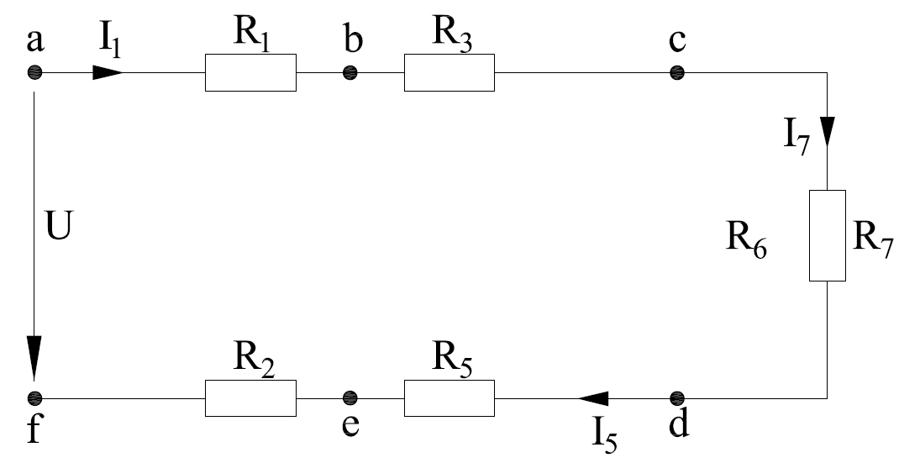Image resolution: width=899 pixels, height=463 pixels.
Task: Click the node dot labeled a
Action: tap(35, 73)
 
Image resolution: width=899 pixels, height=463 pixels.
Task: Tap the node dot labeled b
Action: tap(350, 73)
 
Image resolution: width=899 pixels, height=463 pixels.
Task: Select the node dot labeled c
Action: tap(677, 73)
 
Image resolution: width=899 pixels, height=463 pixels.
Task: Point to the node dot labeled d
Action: tap(677, 398)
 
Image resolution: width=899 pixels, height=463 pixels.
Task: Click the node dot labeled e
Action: tap(350, 398)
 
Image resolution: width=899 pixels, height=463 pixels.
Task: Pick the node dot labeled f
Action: tap(35, 398)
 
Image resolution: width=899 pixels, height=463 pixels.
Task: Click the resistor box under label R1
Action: tap(250, 73)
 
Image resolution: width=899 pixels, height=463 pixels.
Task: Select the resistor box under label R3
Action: tap(449, 73)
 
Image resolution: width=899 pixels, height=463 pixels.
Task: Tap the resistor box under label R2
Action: tap(250, 398)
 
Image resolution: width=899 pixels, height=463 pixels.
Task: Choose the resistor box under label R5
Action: tap(449, 398)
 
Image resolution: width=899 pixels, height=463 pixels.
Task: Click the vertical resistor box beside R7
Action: tap(828, 236)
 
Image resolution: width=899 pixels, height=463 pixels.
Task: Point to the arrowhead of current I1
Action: tap(108, 73)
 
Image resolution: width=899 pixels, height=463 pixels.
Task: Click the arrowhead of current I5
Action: tap(593, 398)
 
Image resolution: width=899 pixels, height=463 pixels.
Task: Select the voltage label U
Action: tap(60, 227)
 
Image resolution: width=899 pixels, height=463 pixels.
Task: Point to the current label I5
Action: tap(605, 437)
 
